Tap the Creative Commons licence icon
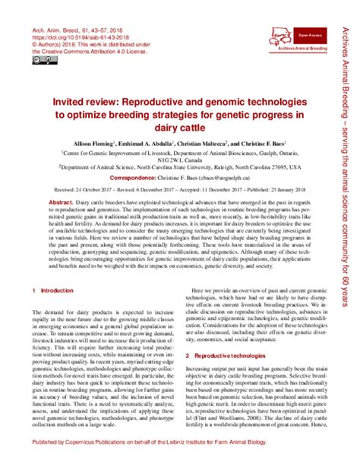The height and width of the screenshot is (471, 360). pos(39,61)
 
